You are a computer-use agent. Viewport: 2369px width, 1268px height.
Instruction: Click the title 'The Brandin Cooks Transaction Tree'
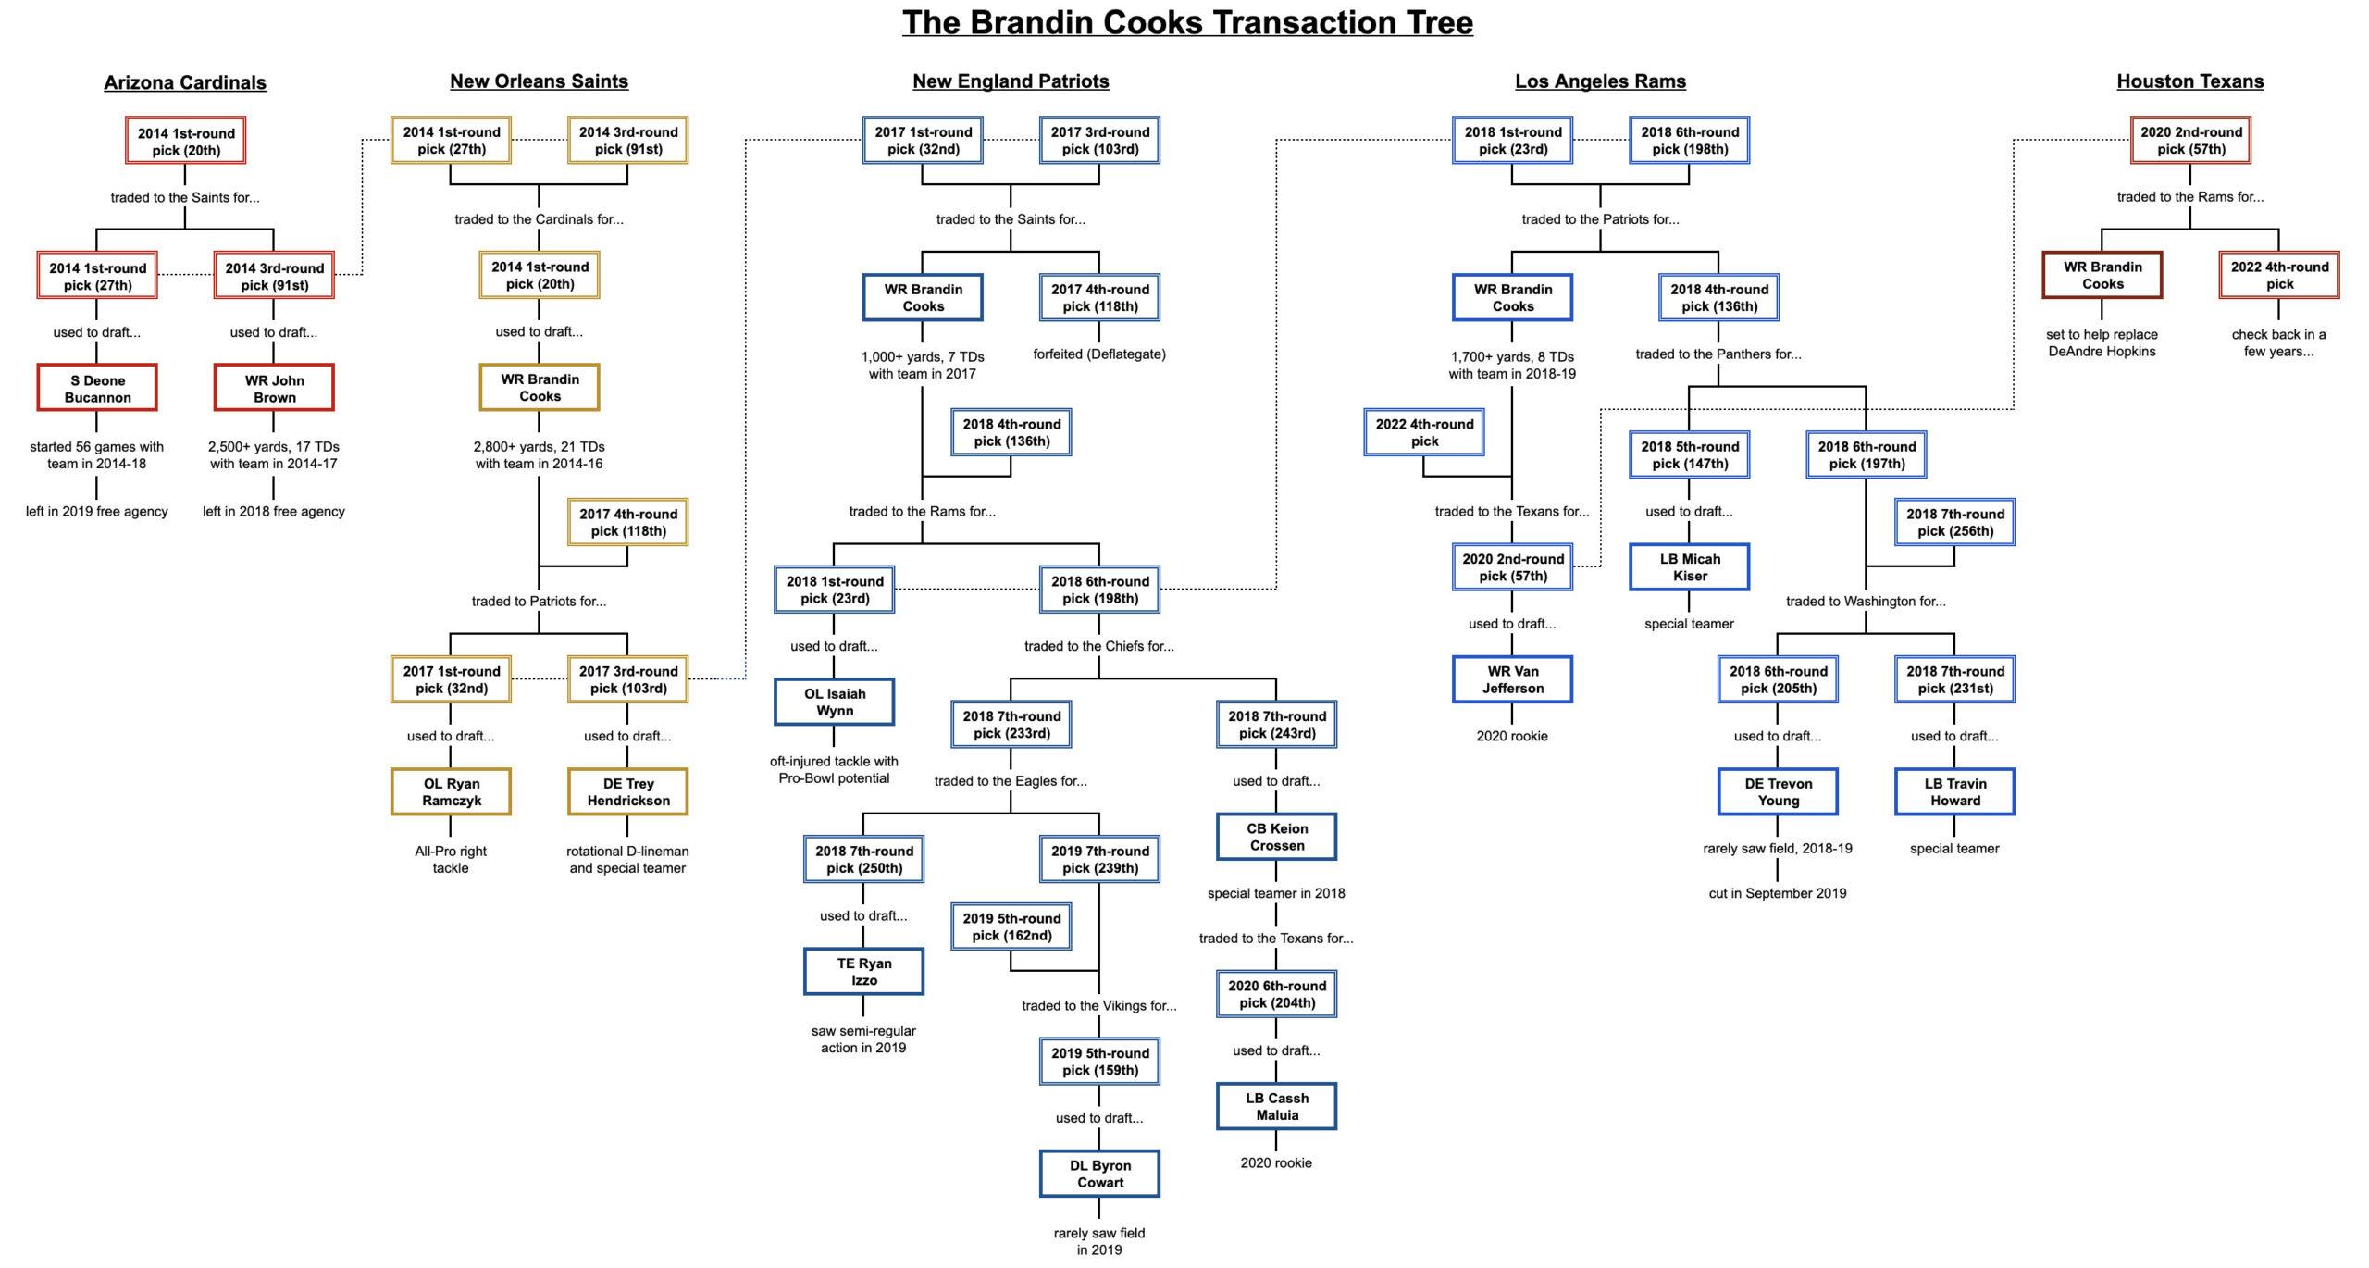click(x=1187, y=22)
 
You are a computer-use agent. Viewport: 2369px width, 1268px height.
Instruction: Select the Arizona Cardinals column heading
click(x=185, y=82)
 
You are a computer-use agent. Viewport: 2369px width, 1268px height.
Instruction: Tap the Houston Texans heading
click(x=2189, y=81)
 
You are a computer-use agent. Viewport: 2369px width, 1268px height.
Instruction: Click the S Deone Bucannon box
click(x=97, y=389)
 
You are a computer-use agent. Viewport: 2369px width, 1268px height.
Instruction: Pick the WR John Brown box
click(x=274, y=389)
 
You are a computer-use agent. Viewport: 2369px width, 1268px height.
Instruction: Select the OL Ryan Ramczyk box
click(x=451, y=791)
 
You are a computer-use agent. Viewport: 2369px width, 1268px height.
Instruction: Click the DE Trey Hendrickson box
click(x=627, y=791)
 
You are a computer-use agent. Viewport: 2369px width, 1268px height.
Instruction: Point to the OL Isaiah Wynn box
click(x=834, y=702)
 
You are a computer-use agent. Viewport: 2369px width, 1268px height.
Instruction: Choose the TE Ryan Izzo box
click(x=863, y=971)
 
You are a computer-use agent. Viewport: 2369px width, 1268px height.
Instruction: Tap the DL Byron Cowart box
click(x=1099, y=1174)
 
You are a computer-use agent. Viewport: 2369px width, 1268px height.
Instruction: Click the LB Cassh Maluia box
click(x=1276, y=1106)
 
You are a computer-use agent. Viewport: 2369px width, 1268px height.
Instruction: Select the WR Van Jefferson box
click(x=1512, y=679)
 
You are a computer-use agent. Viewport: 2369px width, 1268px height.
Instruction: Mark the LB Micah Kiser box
click(x=1689, y=566)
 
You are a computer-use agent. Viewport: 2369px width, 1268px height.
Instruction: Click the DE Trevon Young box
click(x=1778, y=791)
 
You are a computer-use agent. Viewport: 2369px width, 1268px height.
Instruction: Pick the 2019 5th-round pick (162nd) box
click(x=1011, y=926)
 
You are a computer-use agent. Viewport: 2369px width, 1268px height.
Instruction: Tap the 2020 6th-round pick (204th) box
click(x=1276, y=994)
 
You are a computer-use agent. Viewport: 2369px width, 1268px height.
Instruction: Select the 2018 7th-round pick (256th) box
click(x=1954, y=522)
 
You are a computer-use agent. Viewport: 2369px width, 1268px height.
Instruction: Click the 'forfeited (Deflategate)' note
click(x=1099, y=354)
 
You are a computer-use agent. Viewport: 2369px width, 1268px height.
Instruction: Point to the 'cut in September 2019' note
click(x=1777, y=893)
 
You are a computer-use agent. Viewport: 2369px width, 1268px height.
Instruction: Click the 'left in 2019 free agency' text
click(x=97, y=511)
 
